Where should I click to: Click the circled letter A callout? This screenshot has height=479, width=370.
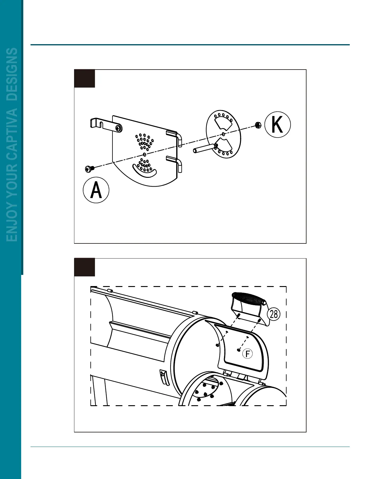pos(96,190)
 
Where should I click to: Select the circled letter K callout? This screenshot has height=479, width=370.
pos(277,125)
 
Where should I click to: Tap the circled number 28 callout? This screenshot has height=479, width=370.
pos(274,314)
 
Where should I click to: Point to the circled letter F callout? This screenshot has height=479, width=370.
pos(248,354)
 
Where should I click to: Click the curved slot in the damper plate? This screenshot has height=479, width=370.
pos(144,171)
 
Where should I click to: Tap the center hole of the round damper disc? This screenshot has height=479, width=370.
pos(223,134)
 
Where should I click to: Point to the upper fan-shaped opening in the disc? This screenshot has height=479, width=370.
pos(222,124)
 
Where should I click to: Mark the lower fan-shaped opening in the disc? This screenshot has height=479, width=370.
pos(224,144)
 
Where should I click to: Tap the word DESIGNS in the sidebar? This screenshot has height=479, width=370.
pos(12,74)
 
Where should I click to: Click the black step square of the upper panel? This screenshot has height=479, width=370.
pos(85,79)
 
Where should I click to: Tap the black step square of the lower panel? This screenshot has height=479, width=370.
pos(85,267)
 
